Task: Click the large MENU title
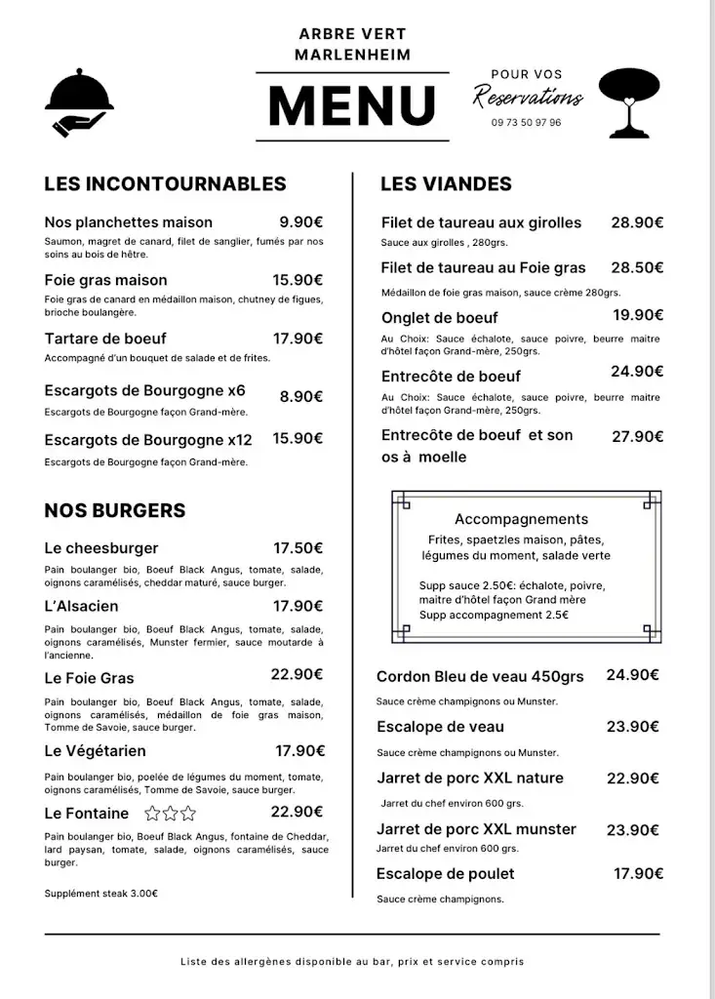(x=352, y=105)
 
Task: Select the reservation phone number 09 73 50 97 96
(x=527, y=123)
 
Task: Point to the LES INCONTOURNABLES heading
(x=165, y=183)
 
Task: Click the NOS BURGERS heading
(x=114, y=510)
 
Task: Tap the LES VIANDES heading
(x=446, y=183)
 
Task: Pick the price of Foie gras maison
(x=298, y=280)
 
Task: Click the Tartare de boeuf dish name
(x=105, y=339)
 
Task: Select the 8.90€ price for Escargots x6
(x=301, y=397)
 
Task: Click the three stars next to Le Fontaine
(x=170, y=814)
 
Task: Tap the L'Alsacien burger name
(x=81, y=606)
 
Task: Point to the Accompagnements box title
(x=521, y=519)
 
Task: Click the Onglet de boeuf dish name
(x=439, y=317)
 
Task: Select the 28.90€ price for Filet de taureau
(x=637, y=222)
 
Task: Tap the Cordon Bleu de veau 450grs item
(x=480, y=676)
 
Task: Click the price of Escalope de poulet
(x=638, y=873)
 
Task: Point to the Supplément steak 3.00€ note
(x=101, y=893)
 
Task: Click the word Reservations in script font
(x=528, y=97)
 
